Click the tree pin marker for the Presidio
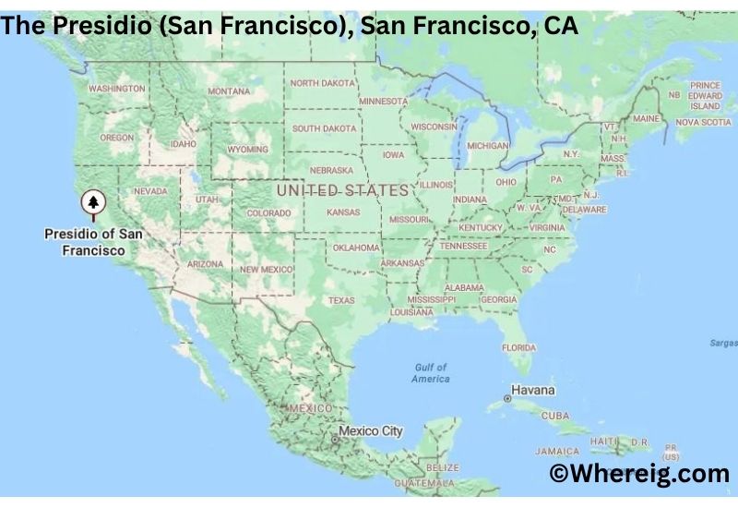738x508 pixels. point(92,201)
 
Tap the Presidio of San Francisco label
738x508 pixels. point(93,242)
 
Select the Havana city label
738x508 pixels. point(535,391)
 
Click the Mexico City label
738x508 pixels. point(370,431)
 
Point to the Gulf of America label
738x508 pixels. point(431,373)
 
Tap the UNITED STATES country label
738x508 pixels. point(342,190)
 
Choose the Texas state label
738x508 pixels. point(340,300)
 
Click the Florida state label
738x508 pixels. point(518,347)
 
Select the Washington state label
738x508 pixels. point(116,89)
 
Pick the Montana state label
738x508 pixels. point(229,91)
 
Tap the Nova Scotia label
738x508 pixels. point(703,122)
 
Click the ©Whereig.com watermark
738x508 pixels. point(639,474)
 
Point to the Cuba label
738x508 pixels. point(555,416)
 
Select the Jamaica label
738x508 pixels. point(557,452)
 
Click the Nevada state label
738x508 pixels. point(150,191)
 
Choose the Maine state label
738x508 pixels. point(646,119)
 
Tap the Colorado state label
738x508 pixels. point(268,213)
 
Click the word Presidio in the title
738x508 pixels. point(93,26)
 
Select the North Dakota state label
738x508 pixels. point(323,83)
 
